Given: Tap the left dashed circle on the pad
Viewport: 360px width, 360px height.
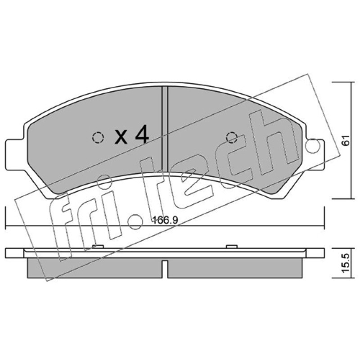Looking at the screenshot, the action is pyautogui.click(x=98, y=138).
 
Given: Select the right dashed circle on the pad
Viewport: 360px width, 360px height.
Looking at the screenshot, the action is pyautogui.click(x=232, y=138).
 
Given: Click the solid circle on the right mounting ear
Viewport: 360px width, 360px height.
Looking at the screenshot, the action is pyautogui.click(x=313, y=146).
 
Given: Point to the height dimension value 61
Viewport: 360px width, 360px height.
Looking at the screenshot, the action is pyautogui.click(x=345, y=140).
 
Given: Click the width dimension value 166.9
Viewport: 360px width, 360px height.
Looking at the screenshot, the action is pyautogui.click(x=165, y=220).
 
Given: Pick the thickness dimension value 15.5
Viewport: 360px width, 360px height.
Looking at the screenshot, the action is pyautogui.click(x=345, y=263).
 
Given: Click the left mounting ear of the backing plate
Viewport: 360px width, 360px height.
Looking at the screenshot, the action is pyautogui.click(x=14, y=155).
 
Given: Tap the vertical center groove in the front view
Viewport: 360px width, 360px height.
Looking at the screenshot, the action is pyautogui.click(x=165, y=129).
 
